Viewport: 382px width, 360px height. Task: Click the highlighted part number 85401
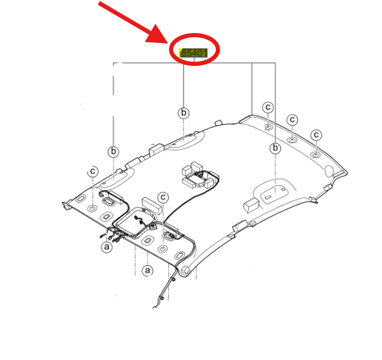pos(193,53)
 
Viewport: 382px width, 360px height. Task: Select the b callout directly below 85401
pos(184,113)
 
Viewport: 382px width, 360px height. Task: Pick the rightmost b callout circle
pos(275,148)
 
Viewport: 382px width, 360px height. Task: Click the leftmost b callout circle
pos(114,152)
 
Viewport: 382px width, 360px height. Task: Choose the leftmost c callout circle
pos(93,171)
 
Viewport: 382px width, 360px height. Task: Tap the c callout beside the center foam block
pos(163,197)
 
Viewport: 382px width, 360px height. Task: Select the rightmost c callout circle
pos(316,135)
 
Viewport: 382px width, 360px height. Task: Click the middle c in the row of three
pos(292,120)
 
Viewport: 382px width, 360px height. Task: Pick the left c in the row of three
pos(268,107)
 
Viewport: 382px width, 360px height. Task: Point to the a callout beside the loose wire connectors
pos(107,247)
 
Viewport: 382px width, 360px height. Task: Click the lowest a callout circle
pos(147,270)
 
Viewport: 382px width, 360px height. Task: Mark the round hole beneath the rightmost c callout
pos(315,154)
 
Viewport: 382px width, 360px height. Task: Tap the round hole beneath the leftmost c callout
pos(93,208)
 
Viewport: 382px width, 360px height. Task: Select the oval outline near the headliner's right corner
pos(329,171)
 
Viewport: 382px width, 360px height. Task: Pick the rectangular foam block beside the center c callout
pos(152,205)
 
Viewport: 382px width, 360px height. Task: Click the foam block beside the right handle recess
pos(251,206)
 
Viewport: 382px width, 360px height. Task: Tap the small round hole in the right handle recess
pos(283,189)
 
